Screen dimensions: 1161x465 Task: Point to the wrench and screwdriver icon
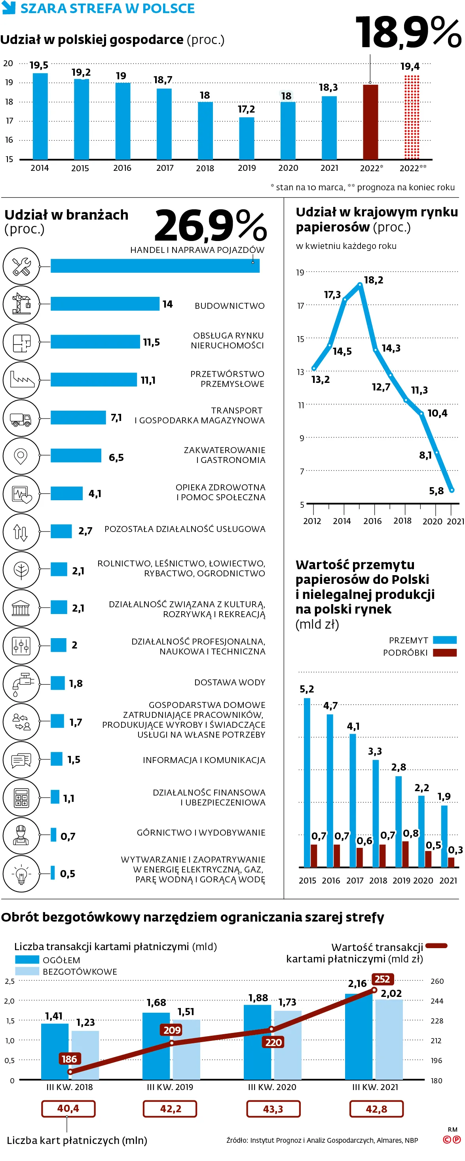21,266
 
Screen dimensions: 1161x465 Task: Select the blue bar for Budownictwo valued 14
105,304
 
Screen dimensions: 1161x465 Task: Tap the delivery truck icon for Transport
21,418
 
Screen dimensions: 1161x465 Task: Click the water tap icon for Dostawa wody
21,684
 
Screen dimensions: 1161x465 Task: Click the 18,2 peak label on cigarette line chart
373,280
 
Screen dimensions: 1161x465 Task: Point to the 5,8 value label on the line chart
436,491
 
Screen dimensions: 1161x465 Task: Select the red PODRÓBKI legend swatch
444,652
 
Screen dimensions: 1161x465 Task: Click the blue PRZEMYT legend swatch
444,640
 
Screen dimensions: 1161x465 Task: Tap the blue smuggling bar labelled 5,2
307,782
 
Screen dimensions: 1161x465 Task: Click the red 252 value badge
382,979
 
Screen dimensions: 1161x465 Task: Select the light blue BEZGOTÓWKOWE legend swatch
27,971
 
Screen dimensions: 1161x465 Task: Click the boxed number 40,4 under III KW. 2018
68,1108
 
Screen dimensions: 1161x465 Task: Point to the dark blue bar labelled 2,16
358,1036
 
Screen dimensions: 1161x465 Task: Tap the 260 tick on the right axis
437,981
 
